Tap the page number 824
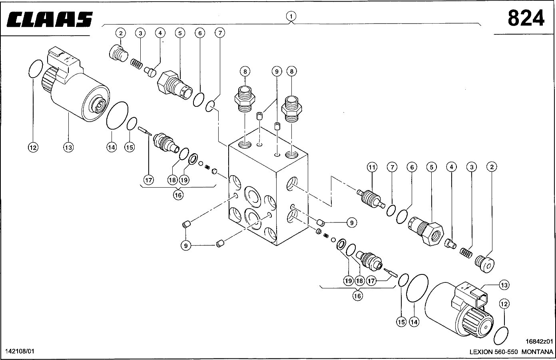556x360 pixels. click(x=526, y=18)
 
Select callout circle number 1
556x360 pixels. click(x=291, y=16)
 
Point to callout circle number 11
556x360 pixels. click(x=372, y=167)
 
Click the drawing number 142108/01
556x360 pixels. click(x=20, y=351)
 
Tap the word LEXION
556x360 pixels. click(x=482, y=352)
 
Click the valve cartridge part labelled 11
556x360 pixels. click(x=372, y=198)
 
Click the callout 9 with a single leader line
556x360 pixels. click(x=351, y=223)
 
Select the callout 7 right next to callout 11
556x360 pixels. click(x=392, y=167)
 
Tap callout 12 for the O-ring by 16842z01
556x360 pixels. click(x=504, y=304)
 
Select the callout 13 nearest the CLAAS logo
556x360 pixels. click(x=68, y=147)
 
